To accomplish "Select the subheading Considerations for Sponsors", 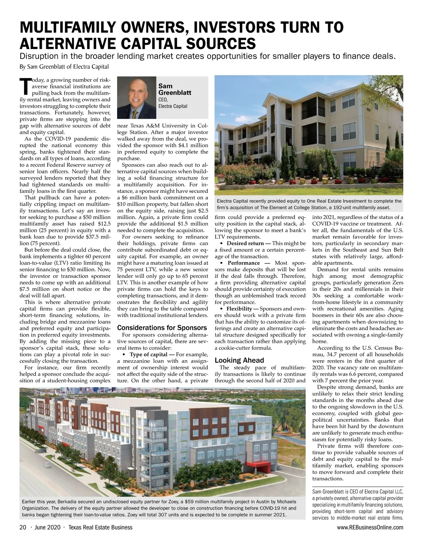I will (162, 328).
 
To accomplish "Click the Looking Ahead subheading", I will (239, 360).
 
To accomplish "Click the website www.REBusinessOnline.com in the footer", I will (370, 527).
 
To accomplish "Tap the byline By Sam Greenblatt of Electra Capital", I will (64, 67).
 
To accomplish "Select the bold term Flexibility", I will (239, 309).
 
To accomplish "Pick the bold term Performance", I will (244, 263).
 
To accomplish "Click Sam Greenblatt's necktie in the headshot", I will (135, 114).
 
